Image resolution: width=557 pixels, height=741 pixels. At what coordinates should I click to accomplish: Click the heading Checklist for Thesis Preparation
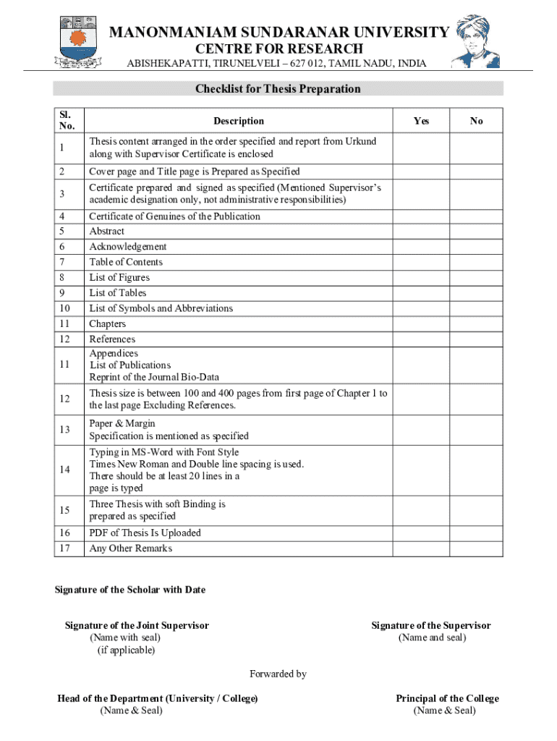pos(278,89)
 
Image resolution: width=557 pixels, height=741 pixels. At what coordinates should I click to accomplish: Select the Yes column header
pos(421,121)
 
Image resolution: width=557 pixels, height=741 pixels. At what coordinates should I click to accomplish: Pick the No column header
pos(476,121)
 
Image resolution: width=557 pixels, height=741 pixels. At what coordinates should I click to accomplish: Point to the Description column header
pos(239,121)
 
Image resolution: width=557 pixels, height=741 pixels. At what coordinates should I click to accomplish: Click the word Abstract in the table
pos(106,232)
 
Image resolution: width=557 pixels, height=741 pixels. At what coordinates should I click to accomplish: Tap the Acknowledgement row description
pos(128,247)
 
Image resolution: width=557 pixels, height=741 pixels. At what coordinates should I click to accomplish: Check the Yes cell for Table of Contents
pos(421,262)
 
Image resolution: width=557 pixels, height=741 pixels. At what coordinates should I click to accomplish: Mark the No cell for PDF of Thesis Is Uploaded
pos(476,533)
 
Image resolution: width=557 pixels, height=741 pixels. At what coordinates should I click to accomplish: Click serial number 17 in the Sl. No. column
pos(65,549)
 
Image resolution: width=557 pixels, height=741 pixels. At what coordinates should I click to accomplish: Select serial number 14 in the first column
pos(65,470)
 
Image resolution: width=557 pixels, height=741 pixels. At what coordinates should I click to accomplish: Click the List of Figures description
pos(119,277)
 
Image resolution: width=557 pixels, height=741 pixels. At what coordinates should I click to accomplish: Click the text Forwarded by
pos(278,674)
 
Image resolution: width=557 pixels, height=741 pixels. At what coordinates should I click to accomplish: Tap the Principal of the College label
pos(447,698)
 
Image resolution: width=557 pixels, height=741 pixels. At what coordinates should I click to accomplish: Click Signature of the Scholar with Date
pos(130,590)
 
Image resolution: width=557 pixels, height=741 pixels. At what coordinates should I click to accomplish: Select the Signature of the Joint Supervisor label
pos(137,625)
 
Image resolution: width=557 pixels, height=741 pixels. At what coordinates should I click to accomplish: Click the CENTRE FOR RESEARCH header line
pos(278,48)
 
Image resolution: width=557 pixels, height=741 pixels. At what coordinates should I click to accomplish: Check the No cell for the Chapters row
pos(476,323)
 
